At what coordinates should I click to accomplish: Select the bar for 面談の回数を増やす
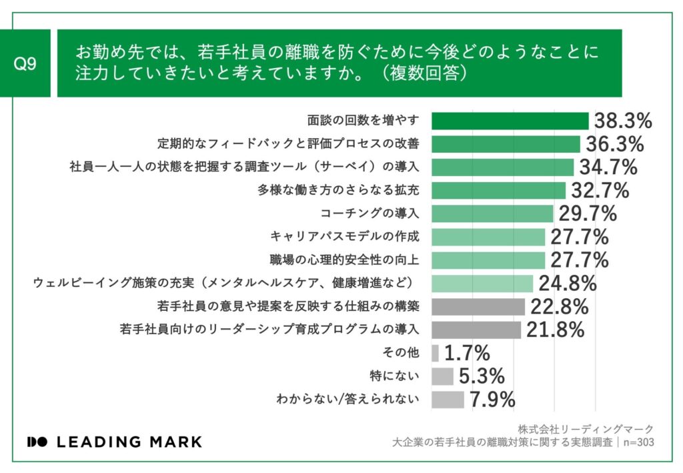point(510,121)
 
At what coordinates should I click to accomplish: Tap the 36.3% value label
point(614,144)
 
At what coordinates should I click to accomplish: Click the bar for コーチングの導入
point(492,213)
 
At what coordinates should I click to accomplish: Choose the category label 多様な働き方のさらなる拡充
point(339,190)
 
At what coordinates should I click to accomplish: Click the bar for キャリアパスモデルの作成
point(488,237)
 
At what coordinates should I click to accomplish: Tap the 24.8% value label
point(567,284)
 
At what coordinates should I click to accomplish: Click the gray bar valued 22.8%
point(478,306)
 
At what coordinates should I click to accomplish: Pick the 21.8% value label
point(555,330)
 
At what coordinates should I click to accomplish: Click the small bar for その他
point(435,353)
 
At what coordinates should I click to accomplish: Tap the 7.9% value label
point(492,400)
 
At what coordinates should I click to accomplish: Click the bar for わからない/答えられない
point(448,399)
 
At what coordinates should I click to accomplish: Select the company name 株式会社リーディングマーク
point(586,429)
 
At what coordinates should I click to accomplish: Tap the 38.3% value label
point(622,121)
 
